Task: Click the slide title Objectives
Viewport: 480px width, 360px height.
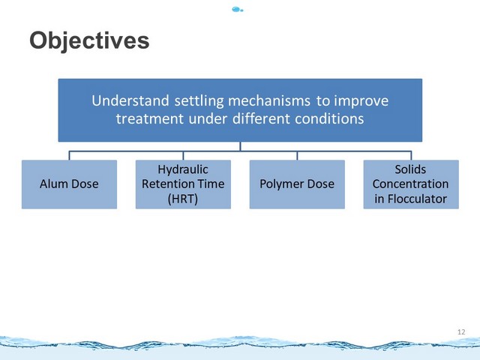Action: [89, 40]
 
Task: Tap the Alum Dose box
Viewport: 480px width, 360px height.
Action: [69, 184]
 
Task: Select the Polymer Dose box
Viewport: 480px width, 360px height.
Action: [297, 184]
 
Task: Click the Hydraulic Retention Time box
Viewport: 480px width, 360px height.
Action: [183, 184]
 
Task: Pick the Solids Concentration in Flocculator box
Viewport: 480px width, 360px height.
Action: [411, 184]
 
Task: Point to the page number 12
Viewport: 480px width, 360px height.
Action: [461, 331]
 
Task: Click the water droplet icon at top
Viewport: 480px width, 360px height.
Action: [238, 10]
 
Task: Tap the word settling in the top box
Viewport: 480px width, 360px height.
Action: [199, 101]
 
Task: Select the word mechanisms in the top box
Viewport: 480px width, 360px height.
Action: [269, 100]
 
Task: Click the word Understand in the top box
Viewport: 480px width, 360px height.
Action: [130, 100]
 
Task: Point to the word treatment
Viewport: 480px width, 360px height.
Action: [150, 118]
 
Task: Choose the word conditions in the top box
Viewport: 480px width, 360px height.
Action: [329, 118]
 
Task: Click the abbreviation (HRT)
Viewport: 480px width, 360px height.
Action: [183, 199]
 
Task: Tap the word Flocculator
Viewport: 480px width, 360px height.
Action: [417, 199]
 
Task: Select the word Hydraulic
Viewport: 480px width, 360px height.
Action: [183, 170]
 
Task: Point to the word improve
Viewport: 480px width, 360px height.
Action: [361, 101]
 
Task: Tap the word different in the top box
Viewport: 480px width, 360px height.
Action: [261, 118]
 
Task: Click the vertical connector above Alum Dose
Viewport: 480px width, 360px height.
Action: [69, 155]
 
